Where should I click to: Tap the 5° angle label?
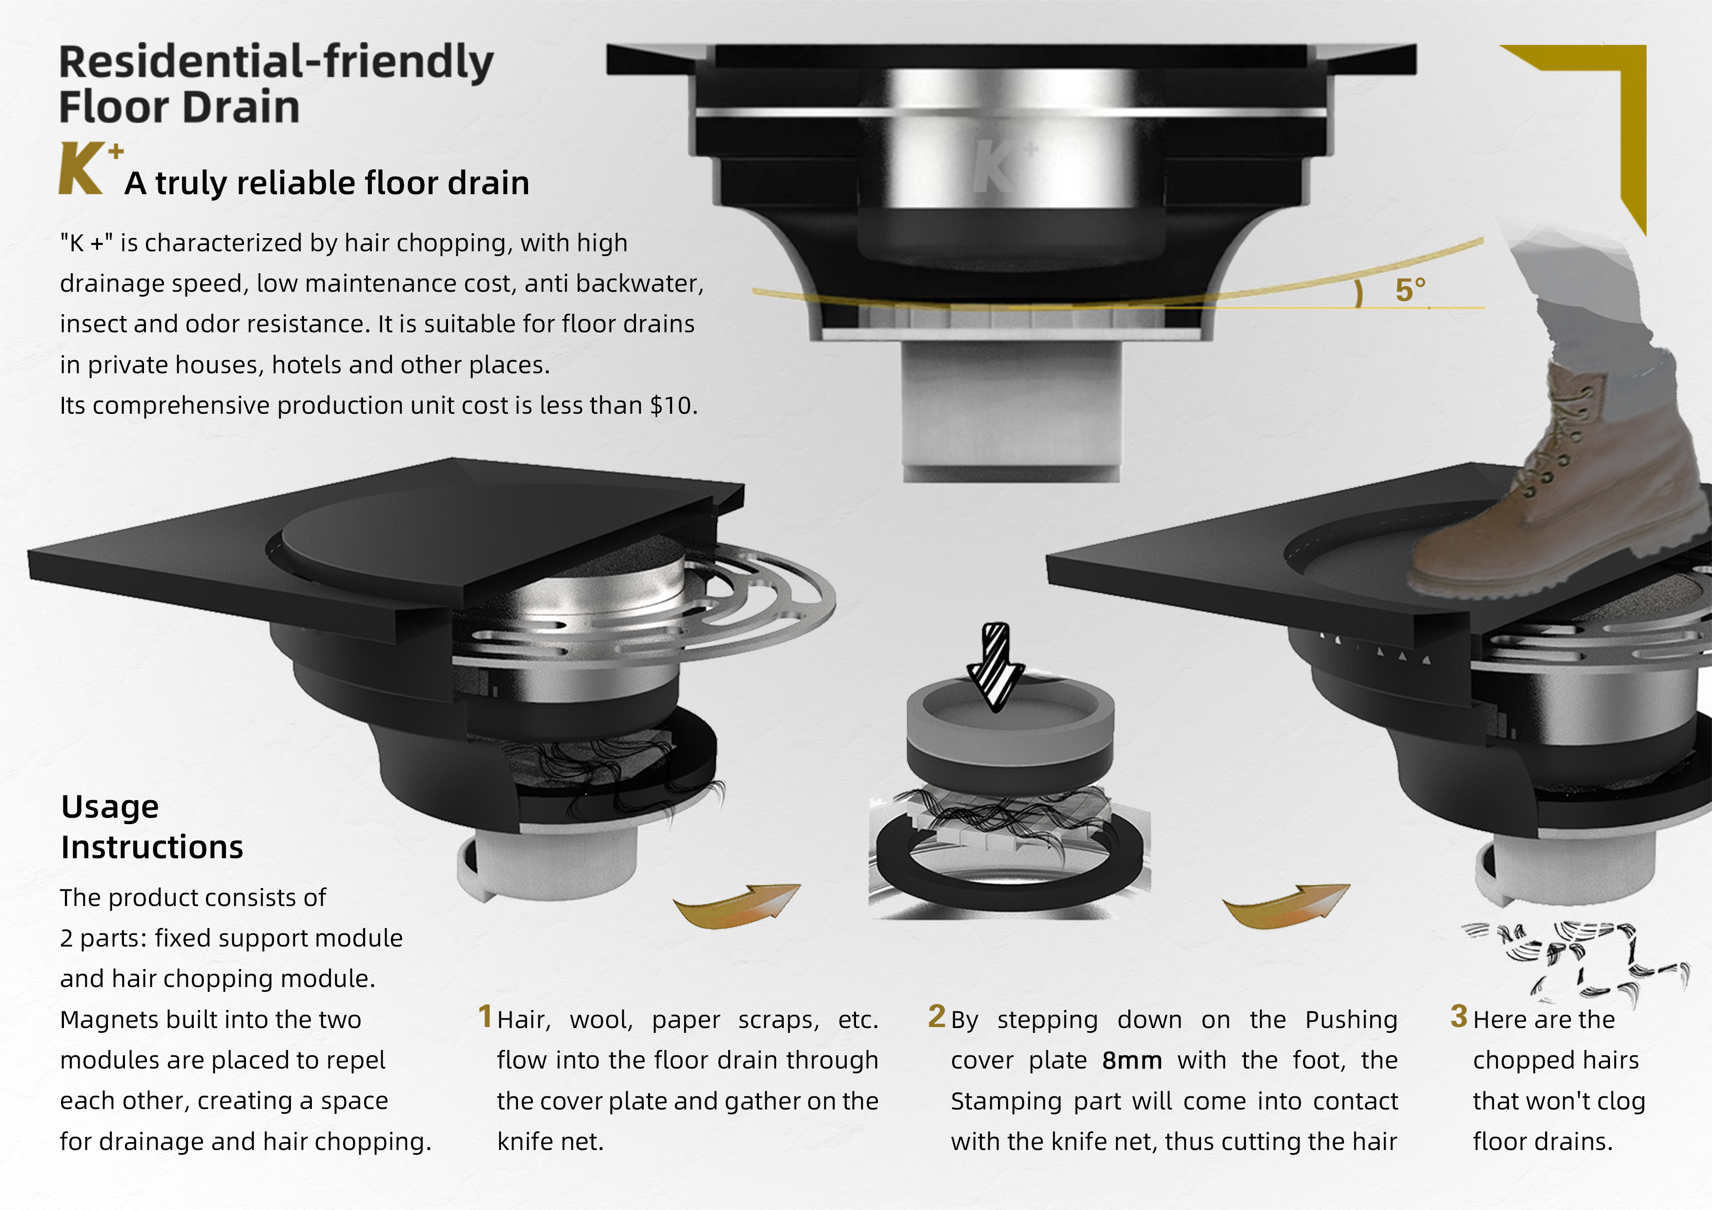click(1410, 290)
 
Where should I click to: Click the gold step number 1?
click(485, 1016)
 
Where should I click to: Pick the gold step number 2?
click(937, 1016)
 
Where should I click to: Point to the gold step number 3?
click(1459, 1016)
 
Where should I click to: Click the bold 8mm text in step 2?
click(1131, 1060)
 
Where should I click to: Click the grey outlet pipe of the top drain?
click(1011, 410)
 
